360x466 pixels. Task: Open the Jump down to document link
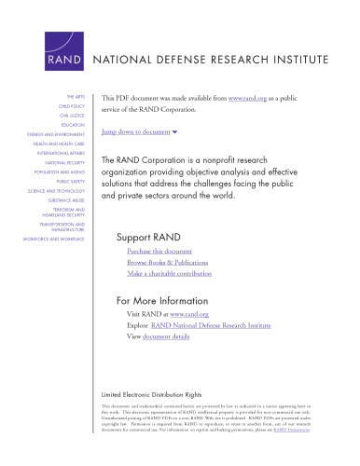click(x=148, y=133)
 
